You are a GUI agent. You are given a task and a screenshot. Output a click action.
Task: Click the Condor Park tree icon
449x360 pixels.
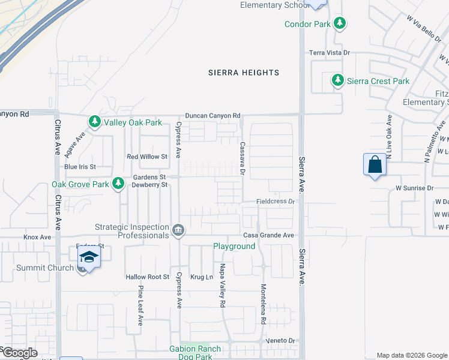tap(340, 24)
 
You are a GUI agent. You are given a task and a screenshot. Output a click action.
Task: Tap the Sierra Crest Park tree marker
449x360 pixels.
tap(338, 81)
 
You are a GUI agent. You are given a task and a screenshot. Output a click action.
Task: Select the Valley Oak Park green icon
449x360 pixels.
tap(95, 122)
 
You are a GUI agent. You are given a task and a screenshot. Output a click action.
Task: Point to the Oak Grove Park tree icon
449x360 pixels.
tap(119, 184)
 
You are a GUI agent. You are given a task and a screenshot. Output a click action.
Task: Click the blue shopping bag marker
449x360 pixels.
tap(375, 164)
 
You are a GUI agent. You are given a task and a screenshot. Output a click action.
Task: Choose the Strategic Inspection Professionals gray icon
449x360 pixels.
tap(178, 230)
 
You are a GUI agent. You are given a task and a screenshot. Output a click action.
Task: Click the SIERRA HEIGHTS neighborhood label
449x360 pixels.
tap(244, 73)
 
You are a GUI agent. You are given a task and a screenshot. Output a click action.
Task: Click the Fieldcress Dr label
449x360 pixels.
tap(276, 202)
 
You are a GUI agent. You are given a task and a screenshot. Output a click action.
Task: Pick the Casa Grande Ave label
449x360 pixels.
tap(268, 235)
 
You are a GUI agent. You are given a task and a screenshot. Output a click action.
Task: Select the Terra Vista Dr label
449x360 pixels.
tap(329, 53)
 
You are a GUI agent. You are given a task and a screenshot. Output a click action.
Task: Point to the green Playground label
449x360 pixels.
tap(234, 246)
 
